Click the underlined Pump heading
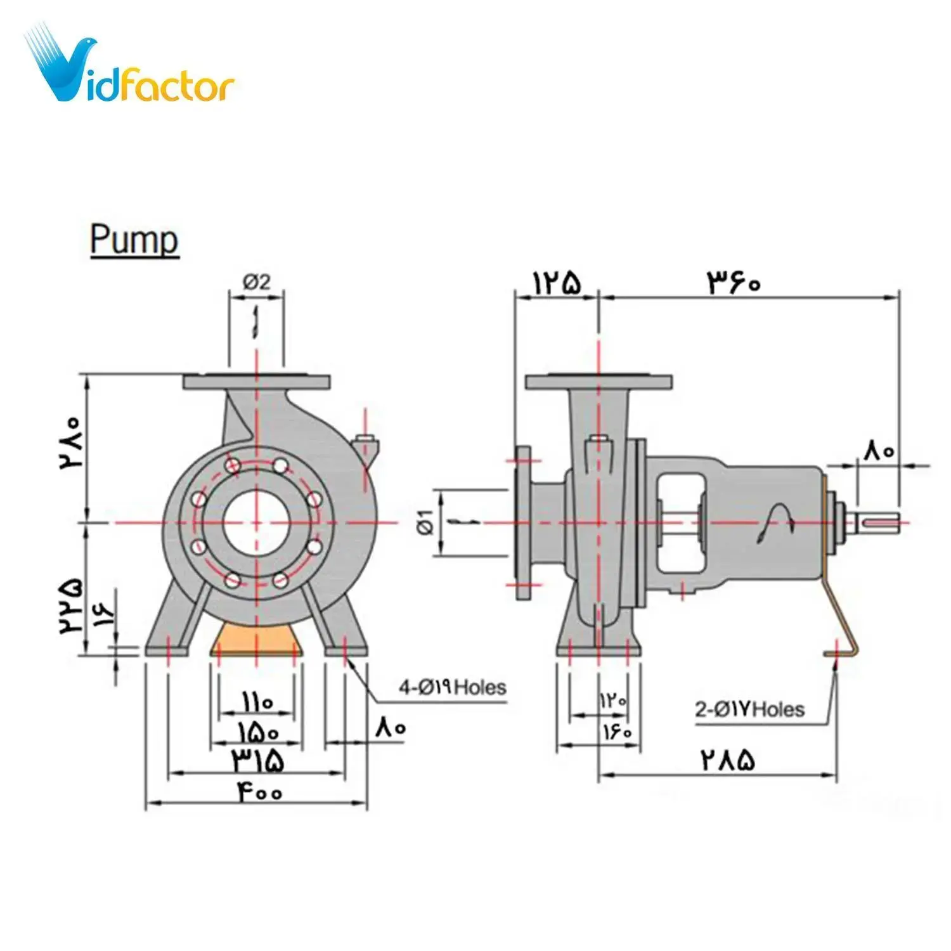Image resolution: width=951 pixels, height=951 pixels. tap(134, 240)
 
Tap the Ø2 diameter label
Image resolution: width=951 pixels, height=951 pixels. tap(256, 281)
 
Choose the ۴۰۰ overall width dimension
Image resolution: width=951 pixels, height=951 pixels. tap(260, 792)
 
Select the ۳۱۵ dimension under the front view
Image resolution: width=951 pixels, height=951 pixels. tap(257, 760)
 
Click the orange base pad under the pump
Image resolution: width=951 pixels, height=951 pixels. tap(256, 637)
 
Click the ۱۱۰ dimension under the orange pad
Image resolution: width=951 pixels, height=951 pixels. tap(256, 702)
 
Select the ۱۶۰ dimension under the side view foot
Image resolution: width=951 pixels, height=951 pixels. tap(617, 731)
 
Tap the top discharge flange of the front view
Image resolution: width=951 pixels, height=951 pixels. tap(256, 382)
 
